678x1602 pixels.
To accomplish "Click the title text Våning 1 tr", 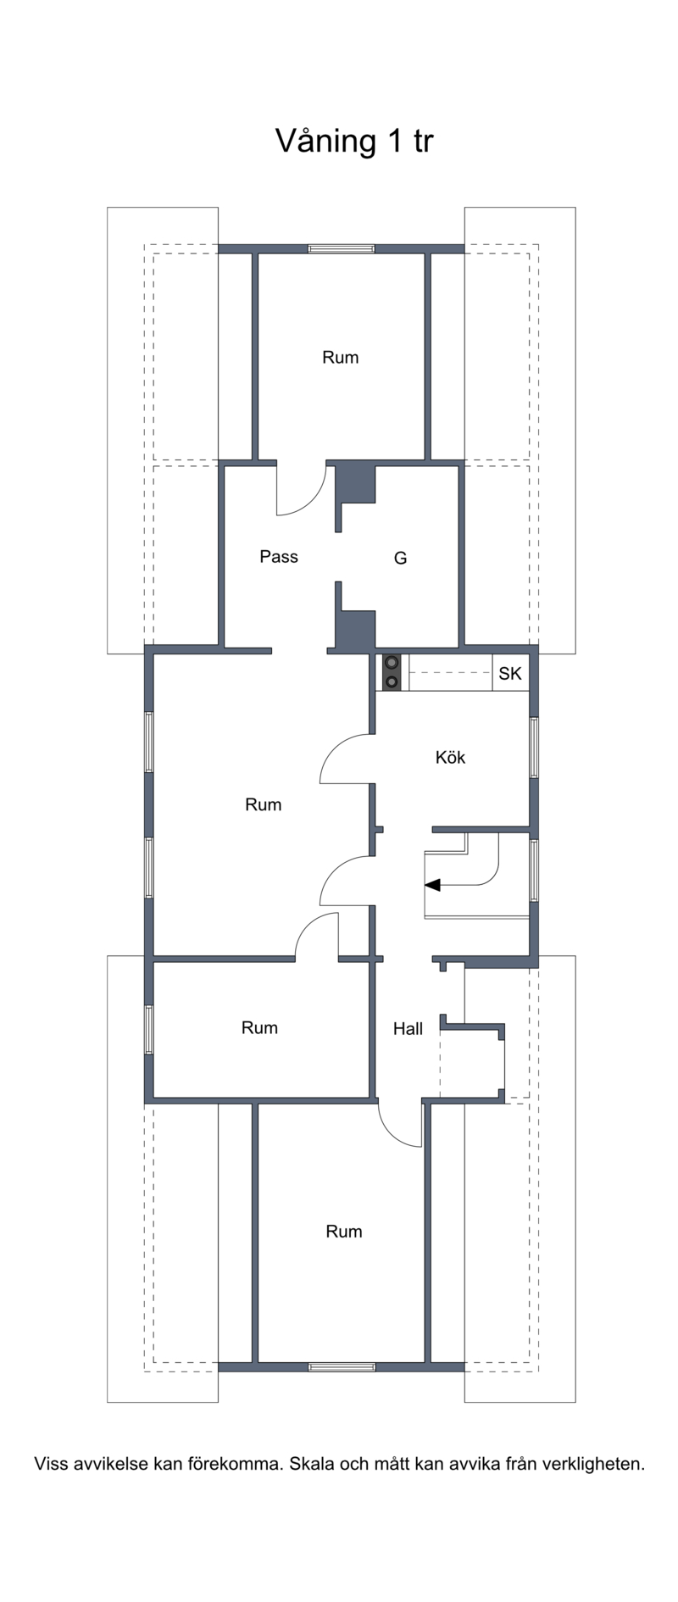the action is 354,141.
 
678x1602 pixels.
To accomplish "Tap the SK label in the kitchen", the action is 510,674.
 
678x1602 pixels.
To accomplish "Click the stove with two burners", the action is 392,672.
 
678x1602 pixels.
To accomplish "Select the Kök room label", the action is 450,757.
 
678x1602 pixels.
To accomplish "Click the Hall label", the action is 408,1028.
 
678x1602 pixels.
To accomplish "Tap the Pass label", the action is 279,556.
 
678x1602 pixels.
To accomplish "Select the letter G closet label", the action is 401,558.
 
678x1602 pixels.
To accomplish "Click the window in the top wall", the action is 341,248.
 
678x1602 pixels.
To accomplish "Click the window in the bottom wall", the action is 342,1366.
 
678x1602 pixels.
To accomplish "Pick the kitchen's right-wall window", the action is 534,747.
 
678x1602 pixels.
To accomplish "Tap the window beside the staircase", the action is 534,870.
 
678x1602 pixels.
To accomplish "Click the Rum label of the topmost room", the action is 340,357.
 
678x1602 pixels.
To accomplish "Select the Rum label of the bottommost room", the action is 344,1231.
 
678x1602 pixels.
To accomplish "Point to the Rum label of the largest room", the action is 263,804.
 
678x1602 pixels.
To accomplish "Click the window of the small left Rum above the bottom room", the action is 148,1029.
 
